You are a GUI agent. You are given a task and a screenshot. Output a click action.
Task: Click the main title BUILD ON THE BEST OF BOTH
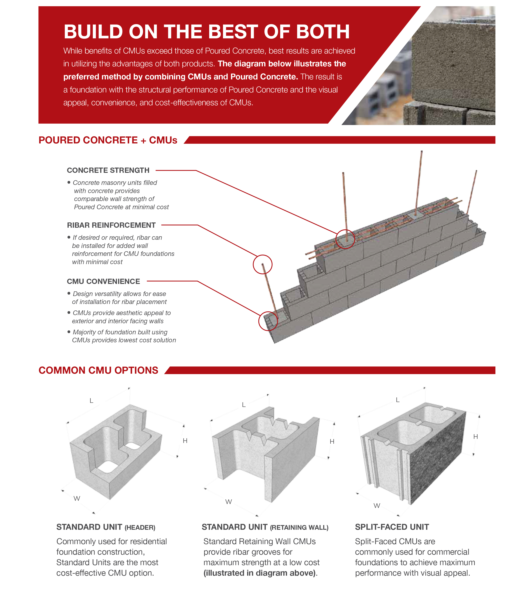(207, 32)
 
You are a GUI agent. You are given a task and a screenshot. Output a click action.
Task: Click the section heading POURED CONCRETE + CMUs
(108, 140)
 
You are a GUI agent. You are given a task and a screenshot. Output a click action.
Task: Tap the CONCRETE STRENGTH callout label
(108, 170)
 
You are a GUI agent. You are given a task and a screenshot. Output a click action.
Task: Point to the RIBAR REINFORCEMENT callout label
(111, 225)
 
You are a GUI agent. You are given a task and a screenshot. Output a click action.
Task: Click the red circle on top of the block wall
(345, 239)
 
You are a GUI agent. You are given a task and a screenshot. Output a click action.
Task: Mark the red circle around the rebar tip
(262, 264)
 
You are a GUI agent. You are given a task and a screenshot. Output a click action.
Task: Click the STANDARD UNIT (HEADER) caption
(106, 527)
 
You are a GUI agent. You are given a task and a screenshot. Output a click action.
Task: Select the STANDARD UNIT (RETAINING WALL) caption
(265, 527)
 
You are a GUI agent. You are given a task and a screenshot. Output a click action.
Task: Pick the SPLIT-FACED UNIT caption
(392, 527)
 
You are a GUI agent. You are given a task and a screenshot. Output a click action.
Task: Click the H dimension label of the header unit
(185, 441)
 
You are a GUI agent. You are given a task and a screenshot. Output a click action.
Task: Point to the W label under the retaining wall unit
(228, 502)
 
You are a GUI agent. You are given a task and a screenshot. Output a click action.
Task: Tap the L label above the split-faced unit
(398, 400)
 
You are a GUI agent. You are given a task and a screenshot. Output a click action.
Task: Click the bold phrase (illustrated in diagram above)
(260, 573)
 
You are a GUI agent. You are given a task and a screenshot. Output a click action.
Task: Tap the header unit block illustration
(116, 451)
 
